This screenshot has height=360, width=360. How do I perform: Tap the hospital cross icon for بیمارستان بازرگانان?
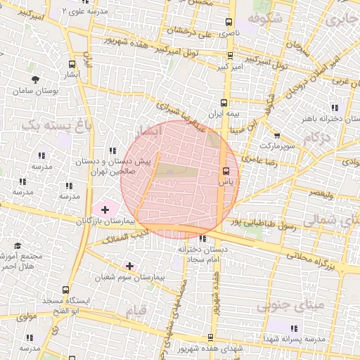tap(105, 209)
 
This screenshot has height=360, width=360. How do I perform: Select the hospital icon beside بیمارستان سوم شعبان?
tap(129, 266)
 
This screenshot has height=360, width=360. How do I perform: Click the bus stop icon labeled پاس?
tap(226, 171)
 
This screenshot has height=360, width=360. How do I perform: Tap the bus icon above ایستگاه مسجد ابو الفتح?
tap(65, 289)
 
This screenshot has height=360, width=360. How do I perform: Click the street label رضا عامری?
tap(261, 161)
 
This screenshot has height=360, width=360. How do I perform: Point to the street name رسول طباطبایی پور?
tap(264, 224)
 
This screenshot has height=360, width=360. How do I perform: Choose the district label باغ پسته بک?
tap(46, 124)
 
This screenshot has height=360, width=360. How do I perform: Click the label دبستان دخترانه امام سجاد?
tap(200, 254)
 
